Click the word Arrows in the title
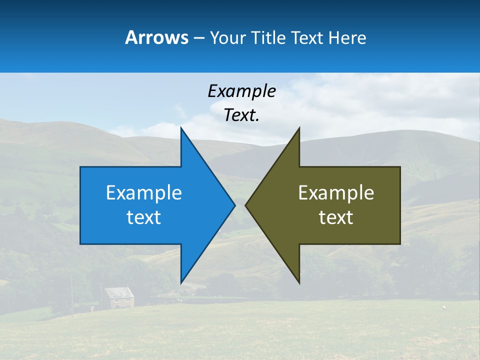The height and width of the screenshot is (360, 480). (156, 37)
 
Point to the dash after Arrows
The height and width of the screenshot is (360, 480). (198, 38)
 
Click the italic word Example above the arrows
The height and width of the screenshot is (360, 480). (241, 91)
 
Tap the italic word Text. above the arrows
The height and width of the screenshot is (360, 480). (241, 115)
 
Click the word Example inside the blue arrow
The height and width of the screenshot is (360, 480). (144, 193)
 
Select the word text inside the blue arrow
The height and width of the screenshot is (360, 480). (144, 217)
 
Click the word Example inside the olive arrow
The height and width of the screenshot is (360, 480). (336, 193)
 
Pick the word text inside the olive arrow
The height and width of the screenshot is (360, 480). (336, 217)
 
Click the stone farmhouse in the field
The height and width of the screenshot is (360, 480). (119, 298)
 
